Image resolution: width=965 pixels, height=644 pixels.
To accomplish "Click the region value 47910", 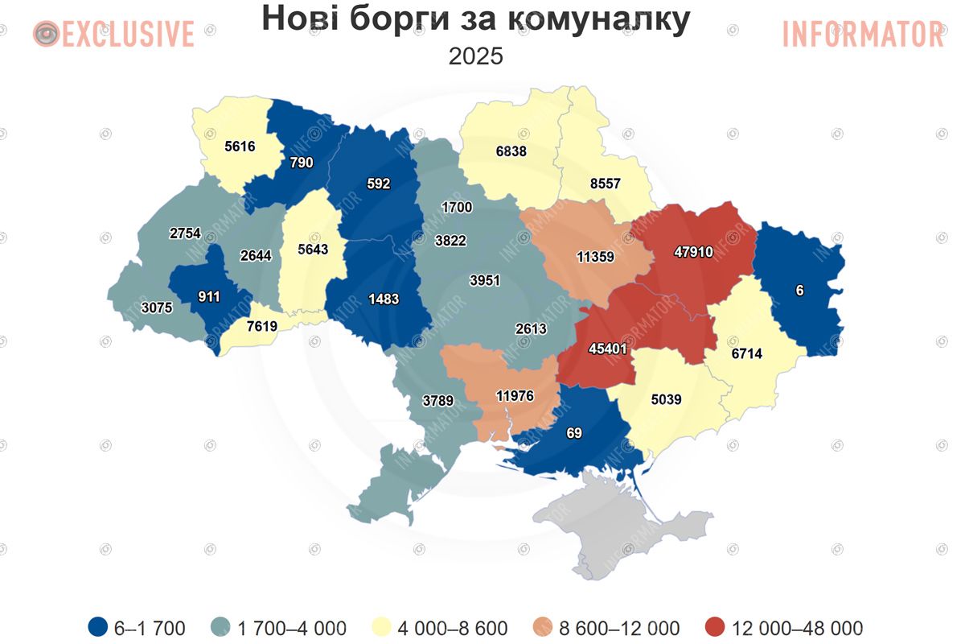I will click(693, 252).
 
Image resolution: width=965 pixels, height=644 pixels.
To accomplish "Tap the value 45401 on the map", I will click(609, 349).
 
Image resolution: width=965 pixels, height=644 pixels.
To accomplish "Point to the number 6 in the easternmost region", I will click(799, 291).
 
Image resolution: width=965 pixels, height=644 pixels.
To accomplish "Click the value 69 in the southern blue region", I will click(573, 434).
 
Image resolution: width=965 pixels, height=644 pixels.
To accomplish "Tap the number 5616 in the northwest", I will click(240, 147).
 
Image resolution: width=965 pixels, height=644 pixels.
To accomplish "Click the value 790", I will click(301, 163).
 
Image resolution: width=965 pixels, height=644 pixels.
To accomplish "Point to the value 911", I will click(208, 295).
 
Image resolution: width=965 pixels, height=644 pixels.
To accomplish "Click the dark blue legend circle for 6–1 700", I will click(99, 627).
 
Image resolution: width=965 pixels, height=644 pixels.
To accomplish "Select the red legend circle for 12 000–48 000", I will click(714, 627).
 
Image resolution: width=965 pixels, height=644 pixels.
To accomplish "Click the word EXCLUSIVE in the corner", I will click(128, 34).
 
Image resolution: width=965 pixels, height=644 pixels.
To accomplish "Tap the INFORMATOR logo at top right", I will click(863, 34).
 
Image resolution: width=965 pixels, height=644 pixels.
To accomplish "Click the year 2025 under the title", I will click(475, 56).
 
